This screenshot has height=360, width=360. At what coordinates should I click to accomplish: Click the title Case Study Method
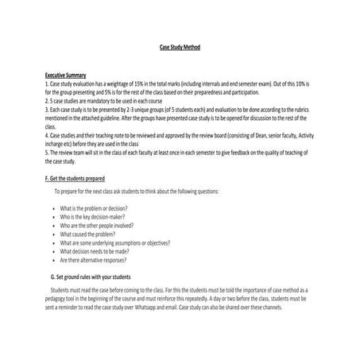pyautogui.click(x=180, y=48)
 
